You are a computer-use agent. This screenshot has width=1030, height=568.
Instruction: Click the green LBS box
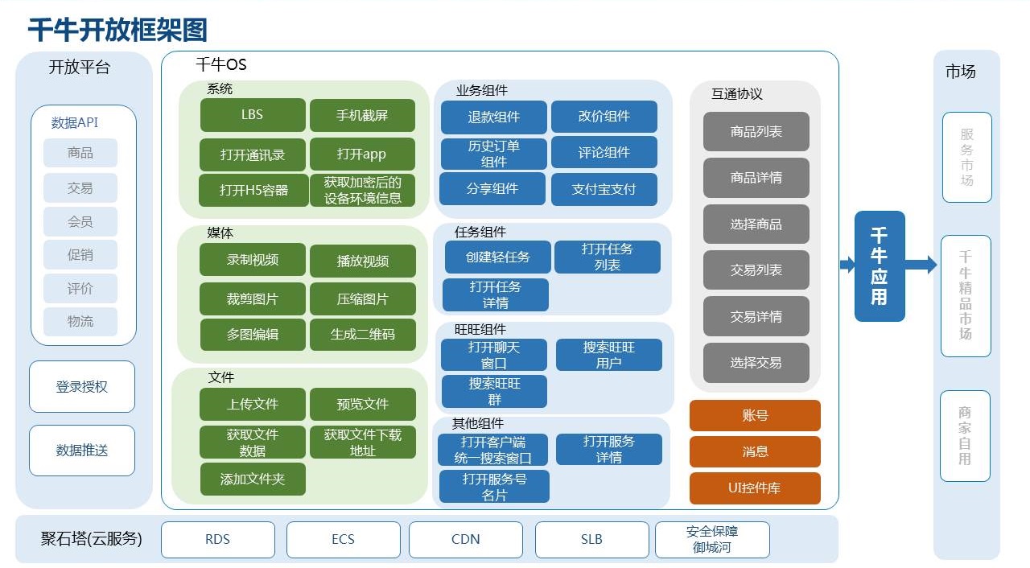(253, 115)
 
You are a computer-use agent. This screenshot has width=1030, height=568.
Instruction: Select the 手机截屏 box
(362, 115)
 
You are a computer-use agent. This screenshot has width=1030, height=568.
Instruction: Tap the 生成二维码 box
(362, 334)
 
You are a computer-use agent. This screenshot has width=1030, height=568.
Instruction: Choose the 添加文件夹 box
(253, 479)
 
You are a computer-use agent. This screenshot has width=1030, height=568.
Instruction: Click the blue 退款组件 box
(493, 117)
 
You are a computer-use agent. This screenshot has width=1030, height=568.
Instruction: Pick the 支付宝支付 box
(604, 189)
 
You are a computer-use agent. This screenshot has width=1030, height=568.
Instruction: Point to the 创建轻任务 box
(498, 257)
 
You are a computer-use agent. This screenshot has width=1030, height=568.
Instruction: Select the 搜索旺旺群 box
(494, 391)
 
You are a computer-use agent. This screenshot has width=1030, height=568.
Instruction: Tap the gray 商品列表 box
(756, 131)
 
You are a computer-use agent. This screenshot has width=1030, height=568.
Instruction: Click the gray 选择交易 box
(756, 363)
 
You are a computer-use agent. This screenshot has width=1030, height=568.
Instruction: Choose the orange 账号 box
(755, 416)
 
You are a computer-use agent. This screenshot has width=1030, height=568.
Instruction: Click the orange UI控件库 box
(755, 488)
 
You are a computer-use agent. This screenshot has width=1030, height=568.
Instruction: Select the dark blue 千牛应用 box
(880, 265)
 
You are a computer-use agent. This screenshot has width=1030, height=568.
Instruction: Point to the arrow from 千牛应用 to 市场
(921, 265)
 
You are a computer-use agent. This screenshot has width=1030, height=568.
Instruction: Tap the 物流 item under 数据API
(80, 321)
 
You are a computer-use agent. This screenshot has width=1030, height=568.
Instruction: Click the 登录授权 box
(82, 386)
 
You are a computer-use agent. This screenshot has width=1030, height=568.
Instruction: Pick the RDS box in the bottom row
(217, 539)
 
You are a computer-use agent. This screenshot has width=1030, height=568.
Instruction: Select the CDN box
(465, 539)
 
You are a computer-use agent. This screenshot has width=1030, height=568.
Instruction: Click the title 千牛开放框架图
(117, 30)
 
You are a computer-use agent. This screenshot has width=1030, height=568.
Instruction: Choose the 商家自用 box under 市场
(965, 435)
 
